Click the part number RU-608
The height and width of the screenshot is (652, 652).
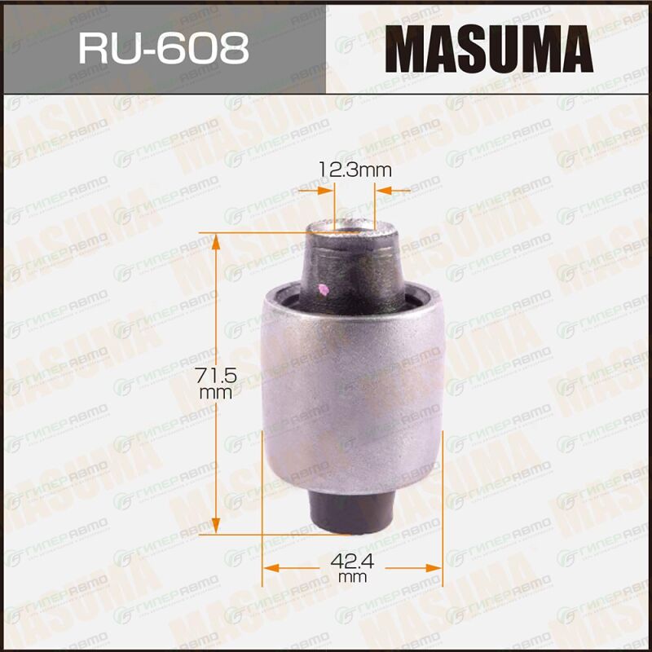(x=164, y=49)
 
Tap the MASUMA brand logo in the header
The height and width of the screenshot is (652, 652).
(x=488, y=49)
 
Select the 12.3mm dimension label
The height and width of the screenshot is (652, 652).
(x=355, y=170)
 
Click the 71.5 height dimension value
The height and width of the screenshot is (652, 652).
(x=216, y=376)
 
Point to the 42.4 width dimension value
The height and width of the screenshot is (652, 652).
(x=352, y=562)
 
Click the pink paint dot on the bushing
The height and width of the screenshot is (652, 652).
(x=323, y=290)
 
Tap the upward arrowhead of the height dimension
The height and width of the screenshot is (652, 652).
(x=215, y=241)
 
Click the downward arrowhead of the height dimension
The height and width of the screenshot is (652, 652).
(x=215, y=525)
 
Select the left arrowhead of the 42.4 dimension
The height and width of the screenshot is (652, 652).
(x=271, y=568)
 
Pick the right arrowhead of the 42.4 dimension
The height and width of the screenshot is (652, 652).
(x=434, y=568)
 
